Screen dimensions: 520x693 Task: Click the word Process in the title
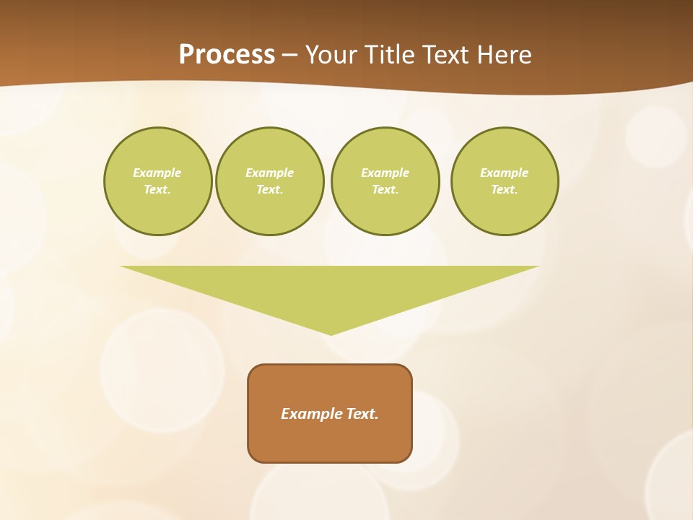(227, 55)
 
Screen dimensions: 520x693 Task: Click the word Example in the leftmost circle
(157, 173)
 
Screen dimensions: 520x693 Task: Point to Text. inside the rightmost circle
(505, 189)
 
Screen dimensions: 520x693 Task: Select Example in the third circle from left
(385, 173)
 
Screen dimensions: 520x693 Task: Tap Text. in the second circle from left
(269, 189)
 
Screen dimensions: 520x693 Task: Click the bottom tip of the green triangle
(331, 333)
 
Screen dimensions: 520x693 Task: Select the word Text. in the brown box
(362, 414)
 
